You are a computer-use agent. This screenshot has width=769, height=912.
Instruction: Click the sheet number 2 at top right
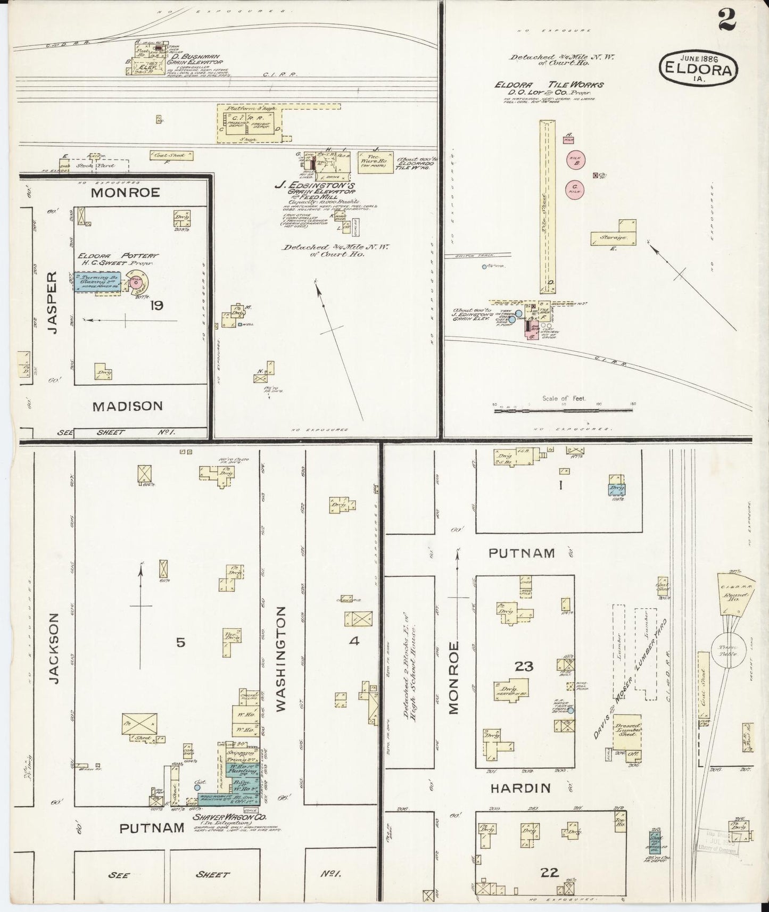click(x=726, y=21)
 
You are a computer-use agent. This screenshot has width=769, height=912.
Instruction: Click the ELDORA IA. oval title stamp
click(x=699, y=68)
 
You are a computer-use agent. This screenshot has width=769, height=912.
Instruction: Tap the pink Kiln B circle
click(x=575, y=161)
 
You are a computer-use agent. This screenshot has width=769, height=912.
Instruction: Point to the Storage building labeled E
click(x=613, y=236)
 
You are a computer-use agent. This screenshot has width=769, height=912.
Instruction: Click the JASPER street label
click(x=51, y=302)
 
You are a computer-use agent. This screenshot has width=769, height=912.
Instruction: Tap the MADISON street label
click(x=127, y=407)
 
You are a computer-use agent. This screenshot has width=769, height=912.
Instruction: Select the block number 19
click(x=156, y=305)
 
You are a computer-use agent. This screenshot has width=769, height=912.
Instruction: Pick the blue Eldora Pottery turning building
click(x=97, y=280)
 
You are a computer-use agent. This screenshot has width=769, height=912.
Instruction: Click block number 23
click(x=524, y=666)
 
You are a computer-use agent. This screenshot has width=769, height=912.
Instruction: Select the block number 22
click(x=549, y=872)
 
